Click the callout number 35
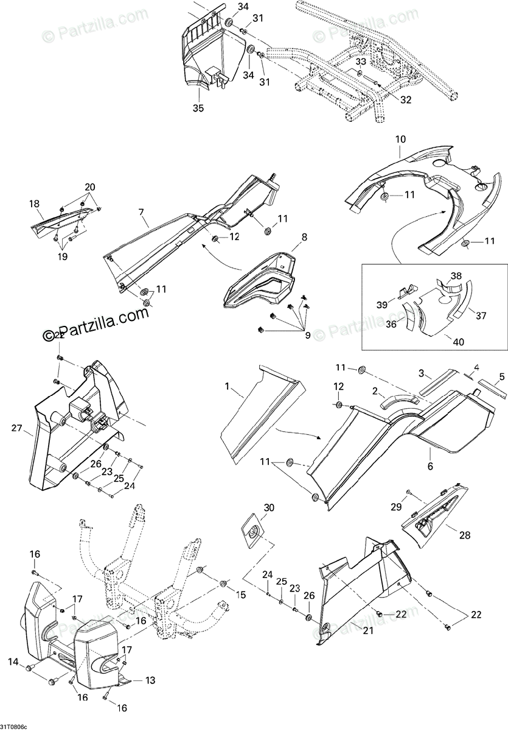[198, 108]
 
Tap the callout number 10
[400, 139]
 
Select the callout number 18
[33, 205]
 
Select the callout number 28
[465, 535]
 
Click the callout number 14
[13, 661]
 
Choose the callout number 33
[361, 62]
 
